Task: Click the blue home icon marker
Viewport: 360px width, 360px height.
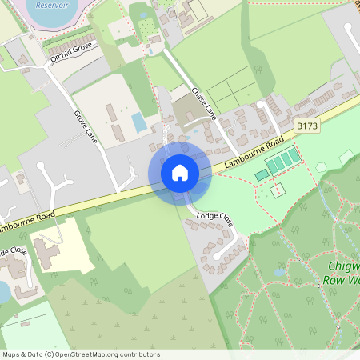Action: point(180,173)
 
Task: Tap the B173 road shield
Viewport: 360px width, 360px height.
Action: point(306,126)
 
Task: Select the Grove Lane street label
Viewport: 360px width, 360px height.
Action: point(85,125)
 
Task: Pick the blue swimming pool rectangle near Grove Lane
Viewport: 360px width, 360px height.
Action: point(139,122)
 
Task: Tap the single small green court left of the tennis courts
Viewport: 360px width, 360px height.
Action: point(262,175)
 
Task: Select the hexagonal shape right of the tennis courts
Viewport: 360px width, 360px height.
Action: point(321,168)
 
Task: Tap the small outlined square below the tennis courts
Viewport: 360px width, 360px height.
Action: point(278,191)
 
